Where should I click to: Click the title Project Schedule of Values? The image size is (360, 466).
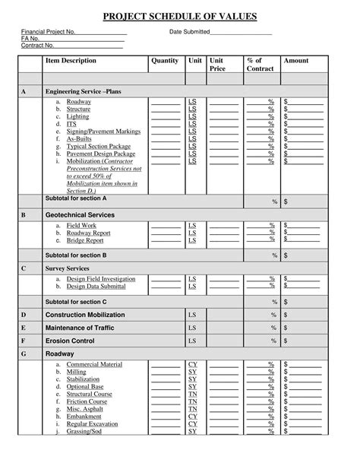(180, 16)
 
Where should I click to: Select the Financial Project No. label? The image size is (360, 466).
(48, 32)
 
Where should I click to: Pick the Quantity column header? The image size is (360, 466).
(165, 61)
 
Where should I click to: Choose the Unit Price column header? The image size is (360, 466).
(217, 65)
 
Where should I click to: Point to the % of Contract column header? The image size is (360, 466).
(260, 65)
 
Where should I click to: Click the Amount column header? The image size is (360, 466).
(296, 61)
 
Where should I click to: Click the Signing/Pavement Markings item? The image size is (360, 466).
(103, 131)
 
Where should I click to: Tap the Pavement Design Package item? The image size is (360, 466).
(100, 154)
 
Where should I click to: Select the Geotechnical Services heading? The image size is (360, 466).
(80, 215)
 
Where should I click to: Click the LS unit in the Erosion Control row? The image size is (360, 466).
(192, 341)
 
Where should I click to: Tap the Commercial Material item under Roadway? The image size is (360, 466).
(94, 365)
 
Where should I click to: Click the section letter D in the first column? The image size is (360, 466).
(24, 315)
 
